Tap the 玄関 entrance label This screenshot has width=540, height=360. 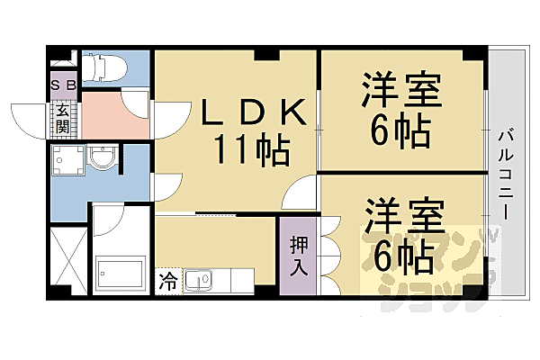coord(63,118)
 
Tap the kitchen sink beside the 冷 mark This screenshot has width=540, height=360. coord(200,281)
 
